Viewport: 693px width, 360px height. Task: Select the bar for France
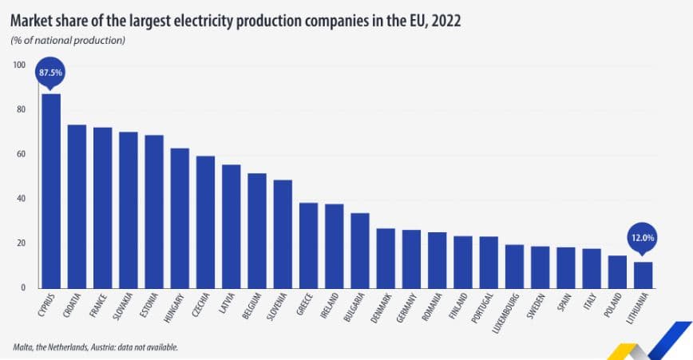tap(102, 207)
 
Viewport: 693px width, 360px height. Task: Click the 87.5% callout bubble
tap(50, 73)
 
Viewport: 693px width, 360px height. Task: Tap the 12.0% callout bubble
tap(643, 238)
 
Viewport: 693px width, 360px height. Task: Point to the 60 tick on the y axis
tap(21, 154)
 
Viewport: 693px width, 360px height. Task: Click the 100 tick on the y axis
tap(19, 65)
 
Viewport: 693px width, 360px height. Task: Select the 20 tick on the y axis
tap(21, 243)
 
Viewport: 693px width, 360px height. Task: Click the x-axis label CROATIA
tap(77, 307)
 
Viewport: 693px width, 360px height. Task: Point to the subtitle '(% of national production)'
tap(68, 40)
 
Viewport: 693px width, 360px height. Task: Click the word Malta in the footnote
tap(24, 347)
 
